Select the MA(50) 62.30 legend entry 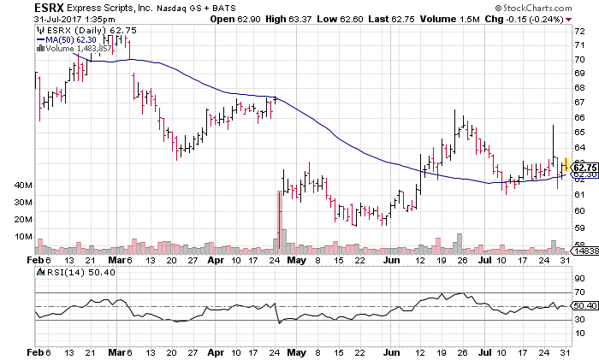(64, 38)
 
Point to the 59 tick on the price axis (578, 227)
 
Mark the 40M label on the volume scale (23, 185)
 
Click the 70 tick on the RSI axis (578, 292)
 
